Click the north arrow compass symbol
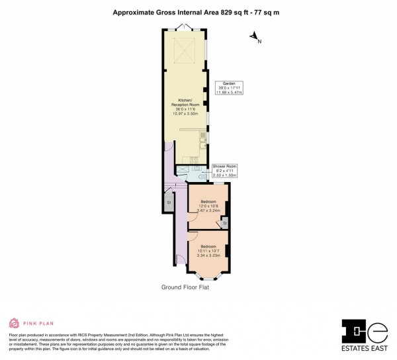point(255,39)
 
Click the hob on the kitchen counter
point(195,159)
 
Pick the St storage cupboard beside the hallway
point(168,201)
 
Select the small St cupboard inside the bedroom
point(224,224)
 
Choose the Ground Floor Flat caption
point(185,287)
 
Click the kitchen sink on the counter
point(203,132)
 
